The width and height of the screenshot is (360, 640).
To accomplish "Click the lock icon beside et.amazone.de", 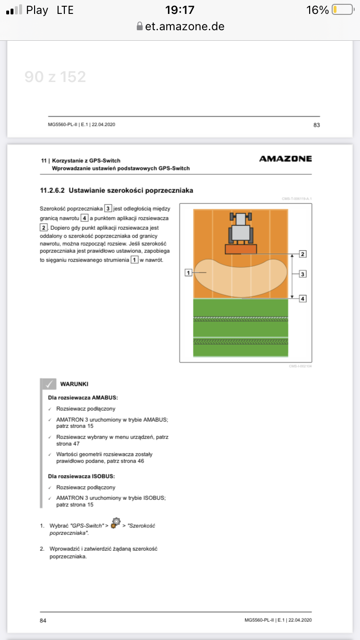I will pyautogui.click(x=140, y=26).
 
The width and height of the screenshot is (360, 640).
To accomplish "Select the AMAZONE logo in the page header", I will pyautogui.click(x=285, y=159).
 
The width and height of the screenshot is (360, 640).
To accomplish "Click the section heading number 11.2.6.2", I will pyautogui.click(x=52, y=190).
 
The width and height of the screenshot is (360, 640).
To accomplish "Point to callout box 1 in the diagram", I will pyautogui.click(x=189, y=273).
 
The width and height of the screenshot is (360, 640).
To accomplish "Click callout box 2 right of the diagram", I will pyautogui.click(x=302, y=253).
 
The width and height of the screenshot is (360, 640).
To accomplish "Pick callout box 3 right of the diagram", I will pyautogui.click(x=302, y=274).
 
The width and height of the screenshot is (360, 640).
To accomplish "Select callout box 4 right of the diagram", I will pyautogui.click(x=302, y=298).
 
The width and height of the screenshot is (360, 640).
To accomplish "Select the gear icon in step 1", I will pyautogui.click(x=115, y=522).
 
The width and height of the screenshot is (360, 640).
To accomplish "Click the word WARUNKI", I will pyautogui.click(x=74, y=384).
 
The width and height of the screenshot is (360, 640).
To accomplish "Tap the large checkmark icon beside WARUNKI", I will pyautogui.click(x=48, y=384).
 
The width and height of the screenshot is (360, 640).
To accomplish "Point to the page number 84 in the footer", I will pyautogui.click(x=43, y=620).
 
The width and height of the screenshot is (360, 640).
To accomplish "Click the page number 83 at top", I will pyautogui.click(x=316, y=125).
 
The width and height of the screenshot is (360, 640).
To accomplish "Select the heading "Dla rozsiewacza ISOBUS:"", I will pyautogui.click(x=82, y=476).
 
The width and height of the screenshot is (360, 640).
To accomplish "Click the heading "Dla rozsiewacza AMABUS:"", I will pyautogui.click(x=83, y=398).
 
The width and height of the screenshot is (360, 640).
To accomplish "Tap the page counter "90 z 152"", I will pyautogui.click(x=55, y=76).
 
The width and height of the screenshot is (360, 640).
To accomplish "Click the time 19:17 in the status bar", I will pyautogui.click(x=180, y=10).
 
